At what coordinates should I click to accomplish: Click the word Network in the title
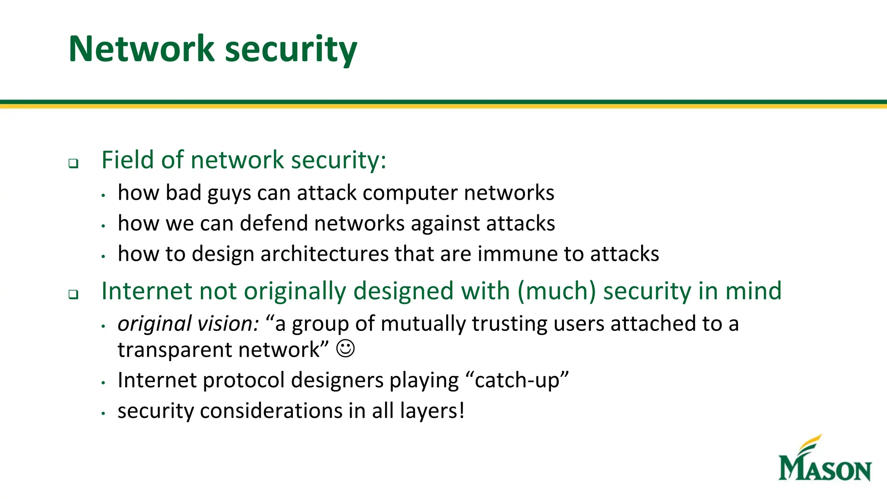[x=141, y=49]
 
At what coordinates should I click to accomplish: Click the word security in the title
[x=291, y=50]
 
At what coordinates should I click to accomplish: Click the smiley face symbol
[x=345, y=349]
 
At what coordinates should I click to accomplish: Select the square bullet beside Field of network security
[x=74, y=164]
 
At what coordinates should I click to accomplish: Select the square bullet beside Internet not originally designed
[x=74, y=295]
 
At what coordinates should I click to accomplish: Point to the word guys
[x=229, y=193]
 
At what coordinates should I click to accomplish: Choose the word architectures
[x=324, y=254]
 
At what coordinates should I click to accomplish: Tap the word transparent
[x=175, y=350]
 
